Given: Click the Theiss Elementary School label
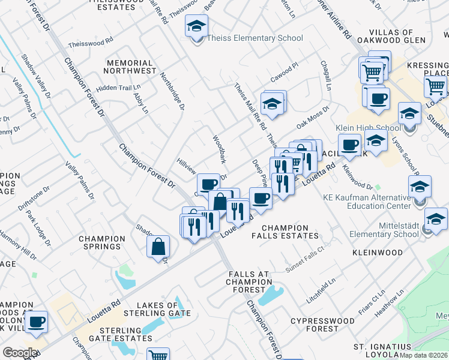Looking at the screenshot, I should tap(255, 38).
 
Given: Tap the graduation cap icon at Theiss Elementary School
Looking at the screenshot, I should tap(196, 26).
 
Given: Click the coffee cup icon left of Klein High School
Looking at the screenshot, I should tap(349, 144).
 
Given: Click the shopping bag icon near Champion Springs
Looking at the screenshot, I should tap(158, 246).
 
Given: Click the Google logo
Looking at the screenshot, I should tap(19, 353).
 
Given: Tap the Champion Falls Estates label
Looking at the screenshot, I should tap(293, 232).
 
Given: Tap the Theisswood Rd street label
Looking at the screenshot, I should tap(91, 43).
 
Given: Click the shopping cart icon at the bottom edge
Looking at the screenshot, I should tap(158, 355).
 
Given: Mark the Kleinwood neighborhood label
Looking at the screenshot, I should tap(378, 253).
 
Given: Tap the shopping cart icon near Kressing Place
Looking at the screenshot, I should tap(435, 87).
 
